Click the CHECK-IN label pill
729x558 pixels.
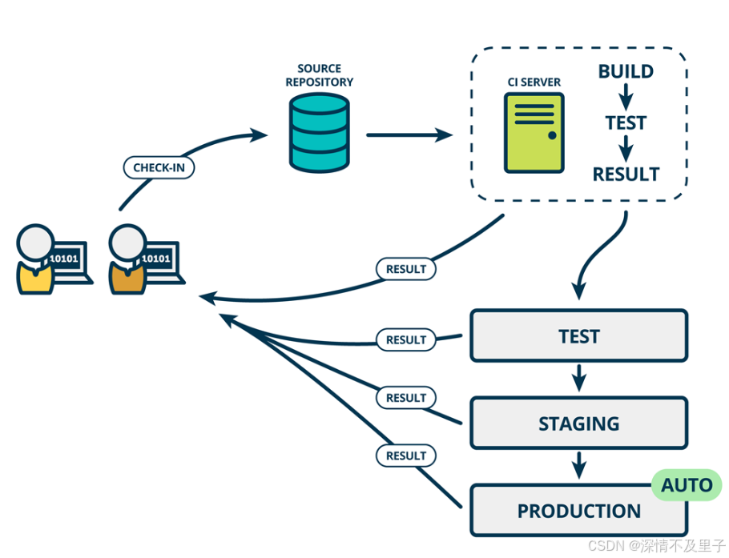pyautogui.click(x=159, y=167)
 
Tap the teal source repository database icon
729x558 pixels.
pyautogui.click(x=319, y=133)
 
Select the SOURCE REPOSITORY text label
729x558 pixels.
pyautogui.click(x=319, y=75)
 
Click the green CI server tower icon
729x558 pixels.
pyautogui.click(x=534, y=133)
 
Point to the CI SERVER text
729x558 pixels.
pyautogui.click(x=534, y=82)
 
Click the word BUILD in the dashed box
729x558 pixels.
pyautogui.click(x=626, y=71)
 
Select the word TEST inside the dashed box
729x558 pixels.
pyautogui.click(x=626, y=123)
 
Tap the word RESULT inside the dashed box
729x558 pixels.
pyautogui.click(x=626, y=175)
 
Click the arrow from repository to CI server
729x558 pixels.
pyautogui.click(x=409, y=135)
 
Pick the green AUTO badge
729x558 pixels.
pyautogui.click(x=687, y=485)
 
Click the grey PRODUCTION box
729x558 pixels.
pyautogui.click(x=579, y=511)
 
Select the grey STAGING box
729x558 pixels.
pyautogui.click(x=579, y=424)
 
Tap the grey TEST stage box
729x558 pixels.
pyautogui.click(x=579, y=336)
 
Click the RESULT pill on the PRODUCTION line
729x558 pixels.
pyautogui.click(x=406, y=456)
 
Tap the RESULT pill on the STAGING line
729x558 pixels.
pyautogui.click(x=406, y=398)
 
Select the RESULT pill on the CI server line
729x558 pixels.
pyautogui.click(x=406, y=269)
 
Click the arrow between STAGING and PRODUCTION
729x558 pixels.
pyautogui.click(x=579, y=465)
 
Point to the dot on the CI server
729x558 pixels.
pyautogui.click(x=552, y=135)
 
